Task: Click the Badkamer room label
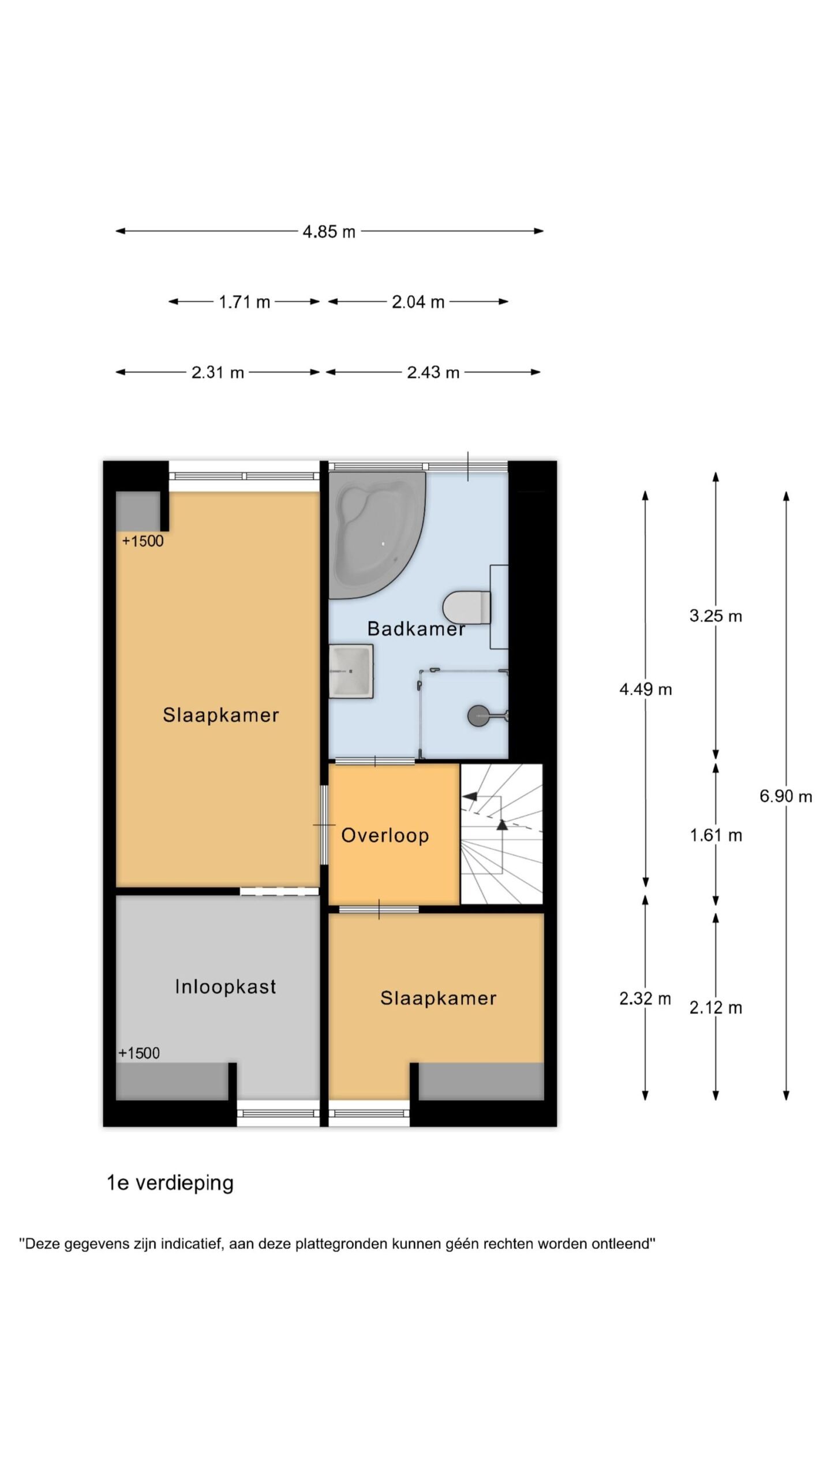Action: pos(416,628)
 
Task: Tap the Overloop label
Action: pos(385,835)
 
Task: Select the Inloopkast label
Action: pos(226,987)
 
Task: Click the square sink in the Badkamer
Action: pos(351,671)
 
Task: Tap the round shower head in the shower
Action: pos(478,716)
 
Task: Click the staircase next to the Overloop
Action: pos(501,834)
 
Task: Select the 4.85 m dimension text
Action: pos(329,232)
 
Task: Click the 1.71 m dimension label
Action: pos(244,302)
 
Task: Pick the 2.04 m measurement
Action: pos(418,302)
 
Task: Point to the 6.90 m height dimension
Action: pos(785,797)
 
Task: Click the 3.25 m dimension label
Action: pos(716,616)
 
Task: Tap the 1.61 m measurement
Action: pos(716,835)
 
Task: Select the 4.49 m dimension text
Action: pos(645,689)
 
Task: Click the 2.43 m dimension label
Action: pos(433,373)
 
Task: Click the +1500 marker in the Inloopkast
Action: pos(139,1053)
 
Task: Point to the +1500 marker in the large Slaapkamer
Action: pos(143,541)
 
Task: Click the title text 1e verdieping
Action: pos(170,1183)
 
